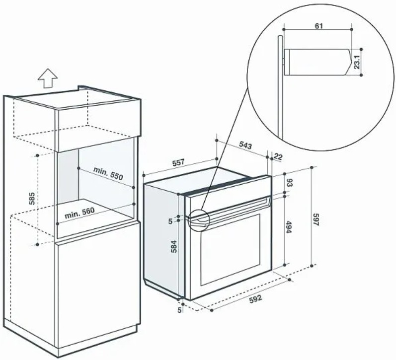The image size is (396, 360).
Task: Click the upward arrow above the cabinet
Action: click(48, 78)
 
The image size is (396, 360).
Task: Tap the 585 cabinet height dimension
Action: click(32, 199)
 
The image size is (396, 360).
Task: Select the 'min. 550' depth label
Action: click(108, 173)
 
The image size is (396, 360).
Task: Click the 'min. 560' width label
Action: click(79, 213)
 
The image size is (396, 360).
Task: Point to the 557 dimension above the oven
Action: click(178, 162)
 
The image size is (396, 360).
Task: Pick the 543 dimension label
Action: click(245, 145)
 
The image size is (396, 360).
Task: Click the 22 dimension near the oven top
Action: click(278, 157)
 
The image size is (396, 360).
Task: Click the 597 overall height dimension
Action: click(317, 219)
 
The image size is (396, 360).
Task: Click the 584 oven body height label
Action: click(174, 246)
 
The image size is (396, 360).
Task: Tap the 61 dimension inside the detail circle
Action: click(318, 26)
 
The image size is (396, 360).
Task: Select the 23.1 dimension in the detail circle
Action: click(356, 62)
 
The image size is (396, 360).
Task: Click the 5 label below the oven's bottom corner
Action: click(179, 310)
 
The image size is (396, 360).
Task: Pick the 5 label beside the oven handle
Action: click(170, 221)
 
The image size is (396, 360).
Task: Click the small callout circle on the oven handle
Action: click(199, 219)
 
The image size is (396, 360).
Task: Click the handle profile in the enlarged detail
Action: click(318, 62)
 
